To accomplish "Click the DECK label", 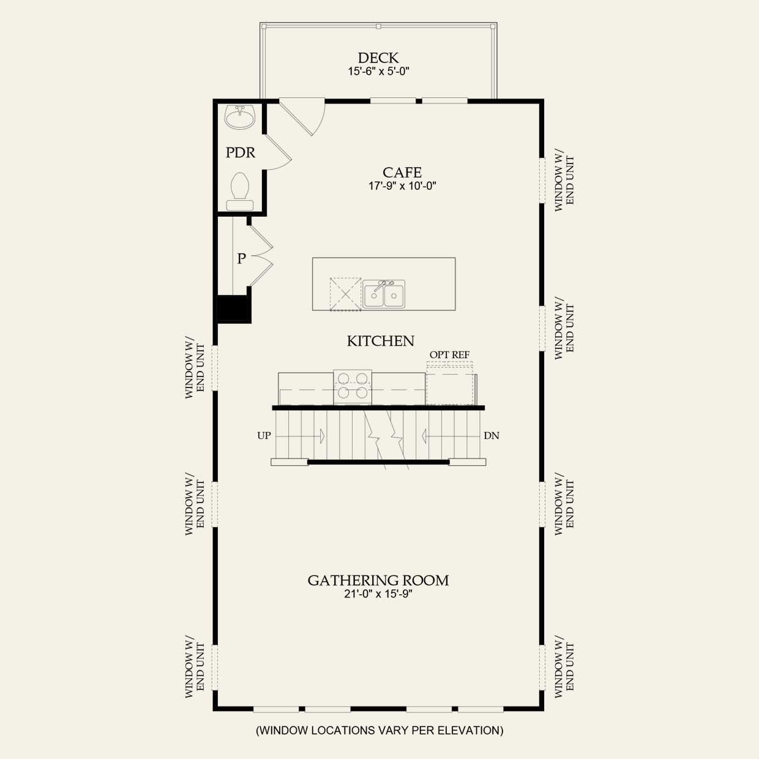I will (378, 58).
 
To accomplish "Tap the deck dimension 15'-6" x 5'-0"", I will (378, 72).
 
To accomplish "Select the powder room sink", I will (240, 117).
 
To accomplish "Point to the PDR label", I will (241, 152).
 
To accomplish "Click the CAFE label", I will (402, 173).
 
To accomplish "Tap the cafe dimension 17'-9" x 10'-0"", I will (402, 186).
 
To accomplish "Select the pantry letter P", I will (241, 259).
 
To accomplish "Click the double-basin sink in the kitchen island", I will (384, 294).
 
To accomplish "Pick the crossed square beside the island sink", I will (345, 294).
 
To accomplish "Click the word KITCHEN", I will (381, 341).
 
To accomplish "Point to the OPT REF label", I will (449, 355).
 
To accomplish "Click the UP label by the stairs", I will (264, 436).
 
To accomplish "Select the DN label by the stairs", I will (492, 436).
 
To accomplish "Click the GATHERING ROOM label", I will (378, 580).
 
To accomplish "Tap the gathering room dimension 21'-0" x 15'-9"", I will (378, 594).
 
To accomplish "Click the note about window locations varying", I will (379, 730).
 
